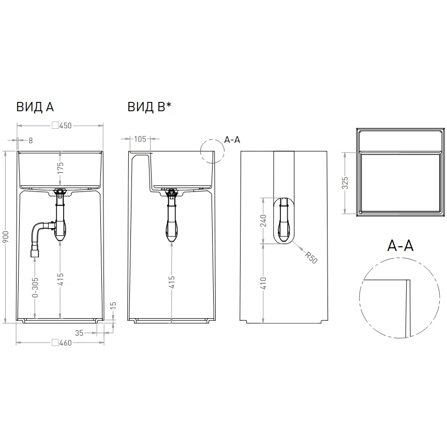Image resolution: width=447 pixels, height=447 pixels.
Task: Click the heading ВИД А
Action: point(35,107)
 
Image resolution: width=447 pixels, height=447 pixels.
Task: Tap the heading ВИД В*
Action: point(150,107)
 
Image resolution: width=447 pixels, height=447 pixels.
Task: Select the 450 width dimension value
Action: point(66,126)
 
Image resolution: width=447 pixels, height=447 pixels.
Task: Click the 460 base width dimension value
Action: point(66,343)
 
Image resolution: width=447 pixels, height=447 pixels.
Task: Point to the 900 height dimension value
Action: point(6,237)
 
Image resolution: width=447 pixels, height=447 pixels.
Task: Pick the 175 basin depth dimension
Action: point(60,168)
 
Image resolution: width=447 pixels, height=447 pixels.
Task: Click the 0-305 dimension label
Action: point(35,287)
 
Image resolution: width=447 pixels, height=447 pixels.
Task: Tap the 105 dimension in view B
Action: point(140,139)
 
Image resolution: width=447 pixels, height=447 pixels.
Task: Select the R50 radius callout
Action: point(311,258)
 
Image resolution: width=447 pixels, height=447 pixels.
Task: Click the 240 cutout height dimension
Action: point(263,220)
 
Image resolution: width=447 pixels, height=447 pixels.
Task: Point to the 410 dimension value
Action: point(263,283)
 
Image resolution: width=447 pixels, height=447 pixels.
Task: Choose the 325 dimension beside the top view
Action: point(345,183)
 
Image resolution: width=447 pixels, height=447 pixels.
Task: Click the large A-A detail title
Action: point(400,245)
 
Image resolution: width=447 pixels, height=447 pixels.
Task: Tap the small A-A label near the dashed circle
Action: point(232,140)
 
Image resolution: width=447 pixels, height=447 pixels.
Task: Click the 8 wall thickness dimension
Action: point(31,141)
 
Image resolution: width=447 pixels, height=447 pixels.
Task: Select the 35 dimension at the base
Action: point(79,333)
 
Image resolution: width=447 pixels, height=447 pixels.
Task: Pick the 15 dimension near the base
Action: point(113,306)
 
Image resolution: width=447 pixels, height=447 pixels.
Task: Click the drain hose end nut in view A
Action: point(35,253)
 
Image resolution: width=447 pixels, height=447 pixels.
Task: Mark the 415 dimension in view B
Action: point(172,282)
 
